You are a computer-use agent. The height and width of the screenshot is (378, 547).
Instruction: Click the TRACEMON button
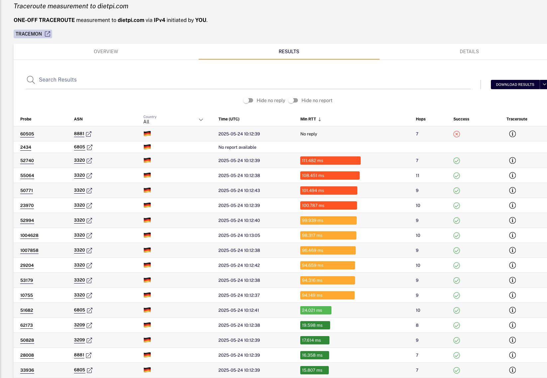(x=33, y=34)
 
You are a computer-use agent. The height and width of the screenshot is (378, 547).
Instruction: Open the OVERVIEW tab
(x=106, y=51)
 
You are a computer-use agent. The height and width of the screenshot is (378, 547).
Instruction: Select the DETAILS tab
(x=469, y=51)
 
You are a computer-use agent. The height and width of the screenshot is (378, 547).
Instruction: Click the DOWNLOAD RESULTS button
(x=515, y=85)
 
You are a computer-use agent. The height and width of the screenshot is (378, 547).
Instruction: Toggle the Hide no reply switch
(x=248, y=100)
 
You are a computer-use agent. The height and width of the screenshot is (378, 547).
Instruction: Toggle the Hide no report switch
(x=293, y=100)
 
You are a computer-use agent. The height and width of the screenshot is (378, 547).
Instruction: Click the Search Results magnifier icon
(x=31, y=80)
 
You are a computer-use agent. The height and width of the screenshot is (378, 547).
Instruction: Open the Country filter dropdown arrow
(x=201, y=120)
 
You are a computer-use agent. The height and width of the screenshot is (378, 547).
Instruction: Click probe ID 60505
(x=27, y=134)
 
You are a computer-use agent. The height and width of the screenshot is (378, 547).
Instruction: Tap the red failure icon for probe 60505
(x=456, y=134)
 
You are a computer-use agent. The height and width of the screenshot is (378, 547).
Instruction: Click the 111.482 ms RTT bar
(x=330, y=160)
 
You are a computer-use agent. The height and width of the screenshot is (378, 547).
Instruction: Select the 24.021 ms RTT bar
(x=316, y=310)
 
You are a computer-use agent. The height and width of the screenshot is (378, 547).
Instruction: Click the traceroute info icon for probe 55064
(x=512, y=175)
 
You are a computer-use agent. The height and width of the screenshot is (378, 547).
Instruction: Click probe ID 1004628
(x=29, y=235)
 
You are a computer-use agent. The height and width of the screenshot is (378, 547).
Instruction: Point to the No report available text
(x=237, y=147)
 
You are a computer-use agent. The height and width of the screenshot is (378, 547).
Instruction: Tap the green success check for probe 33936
(x=456, y=370)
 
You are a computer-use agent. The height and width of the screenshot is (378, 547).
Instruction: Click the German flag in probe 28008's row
(x=147, y=355)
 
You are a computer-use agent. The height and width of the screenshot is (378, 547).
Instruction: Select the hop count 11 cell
(x=417, y=175)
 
